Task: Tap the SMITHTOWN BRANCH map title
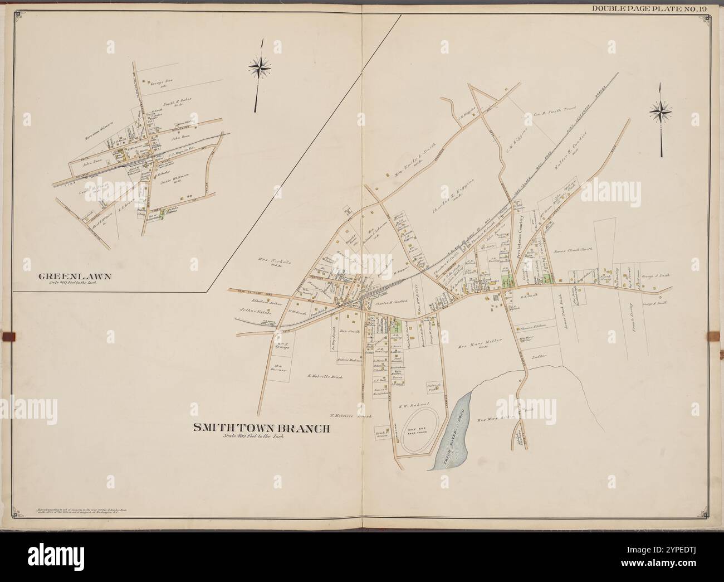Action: coord(262,428)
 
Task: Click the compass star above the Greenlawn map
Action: coord(260,68)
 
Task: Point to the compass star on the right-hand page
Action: coord(660,113)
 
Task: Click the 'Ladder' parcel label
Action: coord(539,355)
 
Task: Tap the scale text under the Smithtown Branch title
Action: coord(253,437)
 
